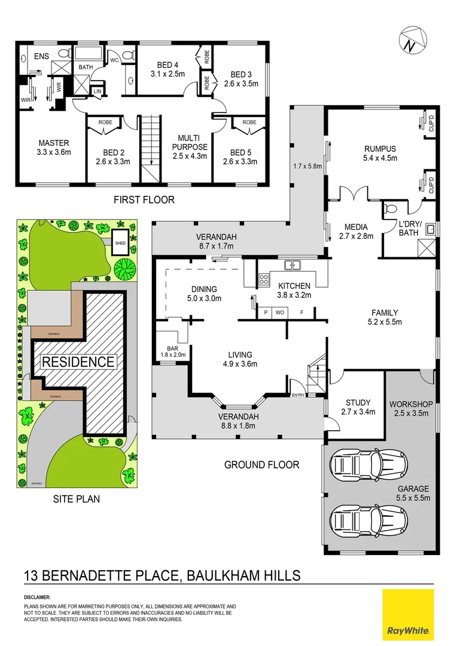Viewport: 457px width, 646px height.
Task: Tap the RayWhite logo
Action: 409,614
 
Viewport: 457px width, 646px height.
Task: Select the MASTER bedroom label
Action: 54,144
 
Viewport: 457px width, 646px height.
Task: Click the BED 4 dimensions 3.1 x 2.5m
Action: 167,74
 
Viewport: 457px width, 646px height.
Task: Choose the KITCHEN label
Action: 293,286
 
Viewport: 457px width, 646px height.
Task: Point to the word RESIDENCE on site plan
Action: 78,362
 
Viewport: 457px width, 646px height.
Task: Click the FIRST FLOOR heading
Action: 144,200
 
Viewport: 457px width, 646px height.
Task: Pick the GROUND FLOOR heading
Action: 261,464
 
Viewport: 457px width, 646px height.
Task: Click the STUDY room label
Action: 358,403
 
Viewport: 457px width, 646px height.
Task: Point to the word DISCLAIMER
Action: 37,597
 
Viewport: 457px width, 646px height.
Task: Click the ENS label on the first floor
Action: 41,56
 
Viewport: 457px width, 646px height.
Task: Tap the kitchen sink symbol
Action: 292,264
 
